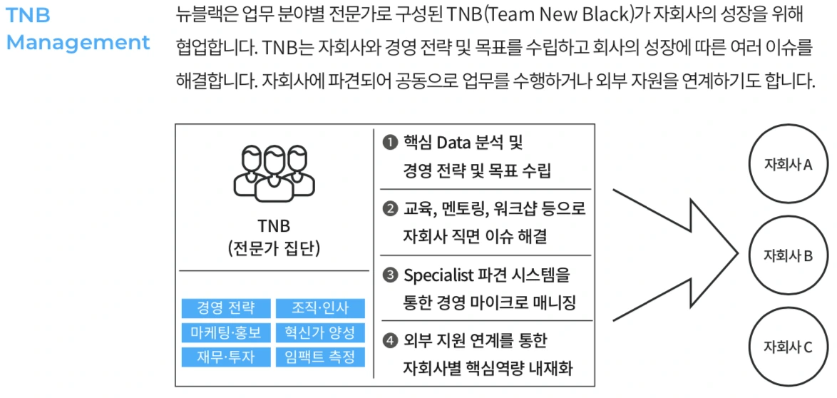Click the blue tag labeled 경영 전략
[225, 309]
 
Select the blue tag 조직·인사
[320, 309]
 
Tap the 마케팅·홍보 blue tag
[225, 333]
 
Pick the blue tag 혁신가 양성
[320, 333]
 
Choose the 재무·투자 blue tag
[225, 357]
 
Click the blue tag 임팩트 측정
[320, 357]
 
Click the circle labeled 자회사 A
[788, 164]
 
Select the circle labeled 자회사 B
[788, 256]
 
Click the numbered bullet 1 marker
[391, 143]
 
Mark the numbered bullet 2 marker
[391, 209]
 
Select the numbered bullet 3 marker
[391, 275]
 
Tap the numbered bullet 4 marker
[391, 340]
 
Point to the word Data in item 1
[453, 143]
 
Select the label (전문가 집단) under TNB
[274, 249]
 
